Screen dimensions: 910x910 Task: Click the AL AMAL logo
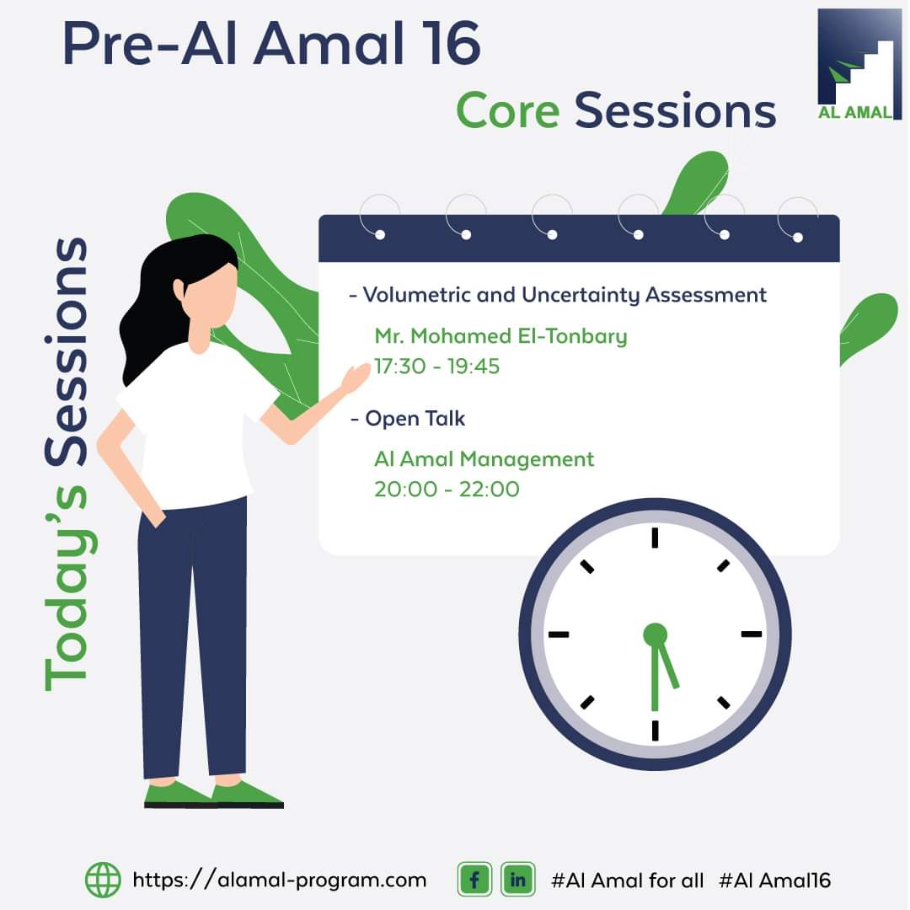[x=859, y=64]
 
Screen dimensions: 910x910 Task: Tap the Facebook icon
[x=474, y=879]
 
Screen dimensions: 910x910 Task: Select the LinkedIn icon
[x=517, y=879]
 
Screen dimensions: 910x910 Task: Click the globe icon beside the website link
[x=103, y=880]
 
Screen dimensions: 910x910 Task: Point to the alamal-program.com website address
[x=279, y=881]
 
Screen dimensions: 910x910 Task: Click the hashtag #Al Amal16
[x=775, y=881]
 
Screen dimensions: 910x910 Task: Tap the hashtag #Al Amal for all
[x=628, y=881]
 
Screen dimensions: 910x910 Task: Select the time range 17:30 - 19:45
[x=436, y=367]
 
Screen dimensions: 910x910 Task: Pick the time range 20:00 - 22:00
[x=447, y=490]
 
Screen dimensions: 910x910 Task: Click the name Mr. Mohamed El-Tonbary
[x=500, y=336]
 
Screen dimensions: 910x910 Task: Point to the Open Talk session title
[x=415, y=419]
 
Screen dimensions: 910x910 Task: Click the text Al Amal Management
[x=484, y=459]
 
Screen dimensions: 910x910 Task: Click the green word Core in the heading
[x=507, y=110]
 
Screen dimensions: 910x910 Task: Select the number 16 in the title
[x=455, y=43]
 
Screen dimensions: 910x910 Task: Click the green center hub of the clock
[x=656, y=634]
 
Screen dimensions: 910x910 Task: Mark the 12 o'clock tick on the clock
[x=656, y=538]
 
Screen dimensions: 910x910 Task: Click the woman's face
[x=210, y=295]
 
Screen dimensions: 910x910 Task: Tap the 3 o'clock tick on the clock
[x=752, y=634]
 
